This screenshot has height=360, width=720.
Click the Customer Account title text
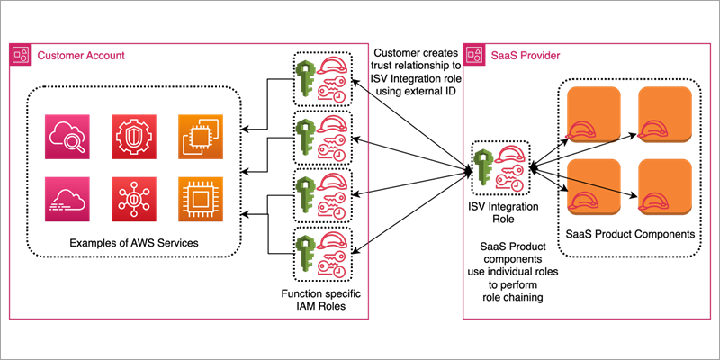(80, 56)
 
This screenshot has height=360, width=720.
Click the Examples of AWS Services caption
(133, 245)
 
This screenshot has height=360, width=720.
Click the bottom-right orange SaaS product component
(664, 190)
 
